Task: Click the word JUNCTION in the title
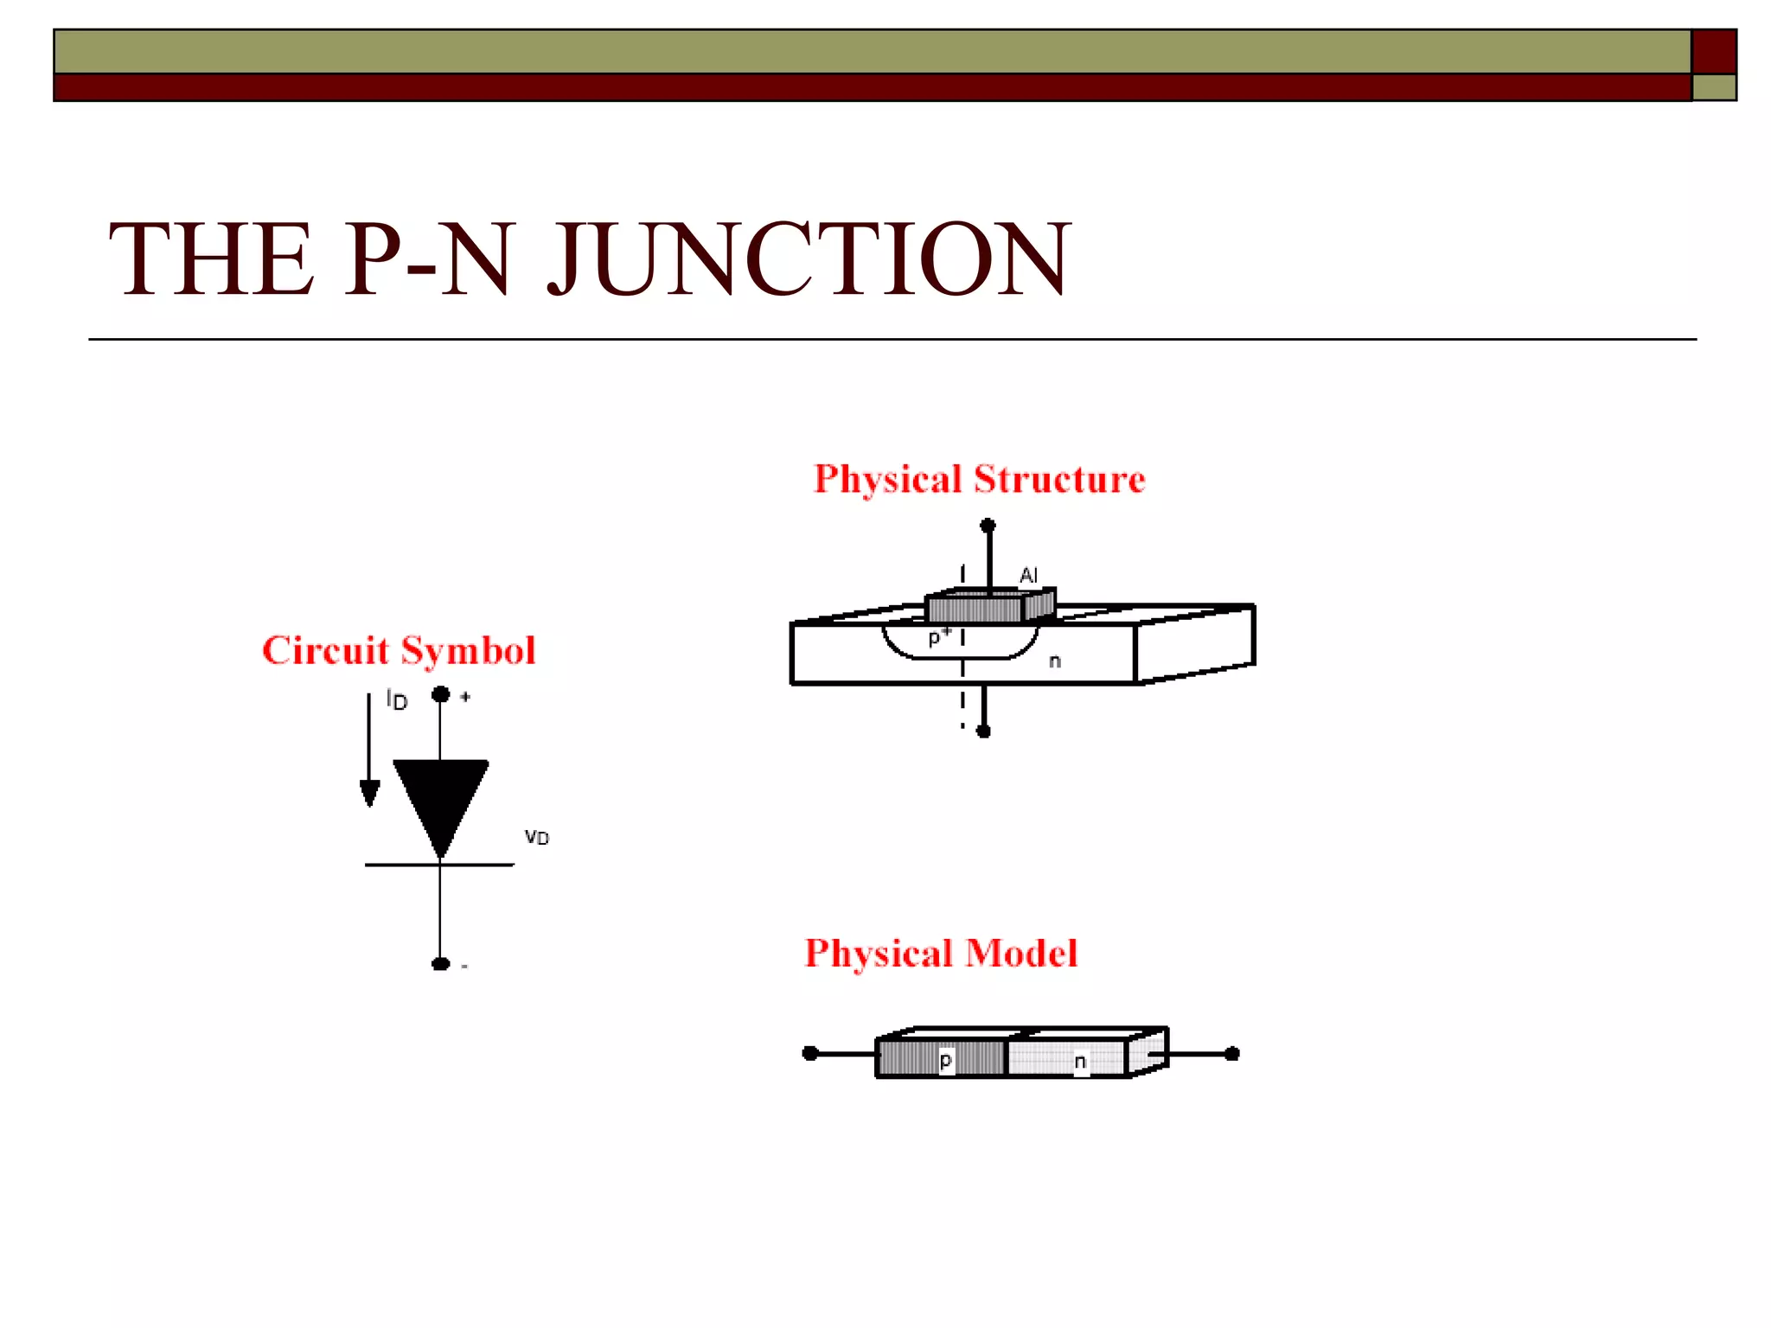[x=809, y=259]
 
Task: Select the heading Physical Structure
[x=979, y=480]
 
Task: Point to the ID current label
[x=397, y=699]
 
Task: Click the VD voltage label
[x=537, y=837]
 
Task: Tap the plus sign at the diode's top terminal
[x=465, y=696]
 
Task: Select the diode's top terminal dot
[x=441, y=693]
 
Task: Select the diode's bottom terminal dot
[x=441, y=964]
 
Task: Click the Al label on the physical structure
[x=1028, y=575]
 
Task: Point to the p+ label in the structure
[x=939, y=637]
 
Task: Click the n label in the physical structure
[x=1055, y=661]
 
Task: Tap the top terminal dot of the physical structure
[x=988, y=525]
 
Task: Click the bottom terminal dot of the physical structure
[x=983, y=731]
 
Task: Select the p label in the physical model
[x=946, y=1061]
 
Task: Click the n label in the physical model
[x=1080, y=1061]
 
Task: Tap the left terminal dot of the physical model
[x=810, y=1053]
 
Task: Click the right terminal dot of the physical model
[x=1232, y=1053]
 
